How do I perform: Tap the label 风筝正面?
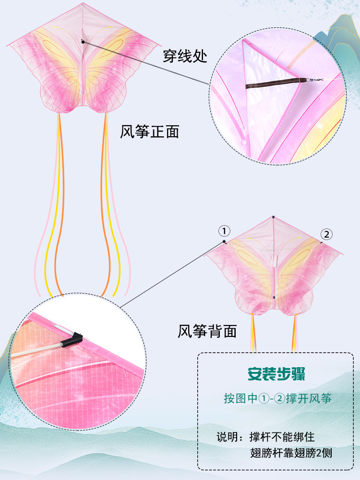click(x=149, y=132)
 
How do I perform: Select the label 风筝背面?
click(x=207, y=331)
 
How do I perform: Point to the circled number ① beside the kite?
click(x=224, y=231)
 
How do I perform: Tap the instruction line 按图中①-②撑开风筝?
click(x=277, y=399)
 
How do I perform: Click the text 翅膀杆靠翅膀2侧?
click(x=291, y=453)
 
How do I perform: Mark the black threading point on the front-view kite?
click(x=83, y=41)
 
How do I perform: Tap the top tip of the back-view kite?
click(x=273, y=217)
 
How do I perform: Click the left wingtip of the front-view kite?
click(x=7, y=46)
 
